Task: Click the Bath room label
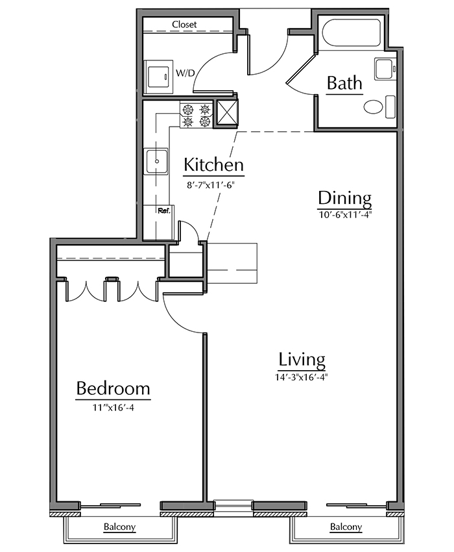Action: pyautogui.click(x=344, y=83)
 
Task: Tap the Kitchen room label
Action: pyautogui.click(x=213, y=164)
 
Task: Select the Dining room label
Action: pyautogui.click(x=344, y=198)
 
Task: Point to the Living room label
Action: pyautogui.click(x=302, y=359)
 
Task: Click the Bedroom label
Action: pyautogui.click(x=113, y=388)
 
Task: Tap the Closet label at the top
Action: pyautogui.click(x=184, y=25)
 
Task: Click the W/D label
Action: pyautogui.click(x=185, y=73)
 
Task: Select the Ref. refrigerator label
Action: pyautogui.click(x=164, y=211)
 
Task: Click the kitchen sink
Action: pyautogui.click(x=157, y=161)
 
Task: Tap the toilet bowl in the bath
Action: pyautogui.click(x=373, y=107)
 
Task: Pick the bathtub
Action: pyautogui.click(x=352, y=32)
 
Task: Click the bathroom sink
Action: pyautogui.click(x=385, y=69)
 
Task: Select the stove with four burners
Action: pyautogui.click(x=197, y=116)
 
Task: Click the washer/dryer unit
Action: pyautogui.click(x=159, y=76)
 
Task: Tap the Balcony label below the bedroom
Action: pyautogui.click(x=119, y=527)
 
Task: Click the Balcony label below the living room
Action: pyautogui.click(x=346, y=527)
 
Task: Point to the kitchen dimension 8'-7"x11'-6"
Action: pyautogui.click(x=210, y=185)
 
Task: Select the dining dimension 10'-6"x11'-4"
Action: pyautogui.click(x=345, y=214)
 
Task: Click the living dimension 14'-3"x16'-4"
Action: pyautogui.click(x=302, y=377)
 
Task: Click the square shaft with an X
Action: pyautogui.click(x=226, y=112)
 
